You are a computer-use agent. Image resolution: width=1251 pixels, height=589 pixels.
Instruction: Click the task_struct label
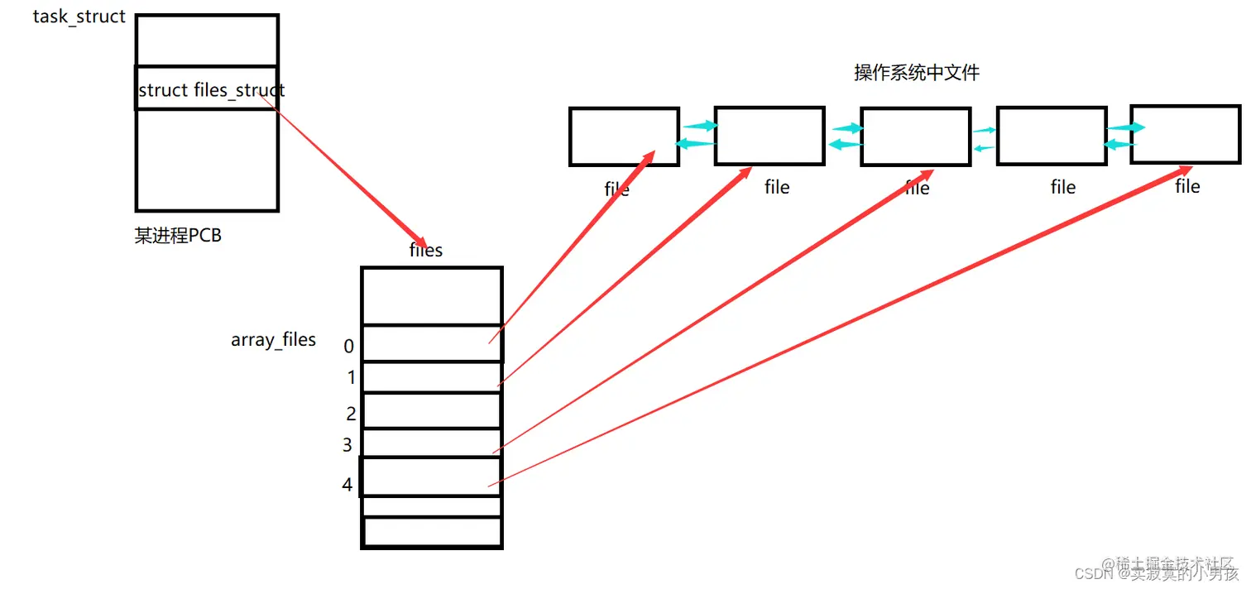point(79,17)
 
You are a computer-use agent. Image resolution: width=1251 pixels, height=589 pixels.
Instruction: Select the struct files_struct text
point(211,90)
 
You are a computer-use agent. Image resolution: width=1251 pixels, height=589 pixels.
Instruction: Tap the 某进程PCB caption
point(178,236)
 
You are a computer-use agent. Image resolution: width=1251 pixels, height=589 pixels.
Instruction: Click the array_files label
point(273,339)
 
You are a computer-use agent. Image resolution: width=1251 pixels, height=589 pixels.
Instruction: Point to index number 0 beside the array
point(348,346)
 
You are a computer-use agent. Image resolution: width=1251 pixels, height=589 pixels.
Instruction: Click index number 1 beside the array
point(351,378)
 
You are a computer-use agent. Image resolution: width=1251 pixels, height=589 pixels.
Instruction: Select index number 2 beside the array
point(351,414)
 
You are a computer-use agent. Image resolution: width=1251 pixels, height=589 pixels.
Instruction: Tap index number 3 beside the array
point(347,446)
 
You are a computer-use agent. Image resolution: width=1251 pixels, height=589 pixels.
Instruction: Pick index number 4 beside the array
point(347,484)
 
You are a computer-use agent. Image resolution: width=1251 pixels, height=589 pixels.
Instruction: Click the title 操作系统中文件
point(917,73)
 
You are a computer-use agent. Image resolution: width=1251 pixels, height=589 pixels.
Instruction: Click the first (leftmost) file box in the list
point(624,136)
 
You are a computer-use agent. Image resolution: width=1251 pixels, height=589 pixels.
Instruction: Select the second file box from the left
point(769,136)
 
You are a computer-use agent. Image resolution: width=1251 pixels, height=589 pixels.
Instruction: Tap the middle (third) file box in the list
point(915,136)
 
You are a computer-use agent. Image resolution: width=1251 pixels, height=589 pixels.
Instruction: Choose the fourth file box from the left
point(1052,136)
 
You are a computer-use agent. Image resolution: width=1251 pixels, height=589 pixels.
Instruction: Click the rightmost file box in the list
point(1185,134)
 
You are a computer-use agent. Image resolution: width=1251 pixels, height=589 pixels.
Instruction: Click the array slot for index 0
point(431,343)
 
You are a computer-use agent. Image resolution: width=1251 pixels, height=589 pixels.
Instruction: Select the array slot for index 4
point(431,476)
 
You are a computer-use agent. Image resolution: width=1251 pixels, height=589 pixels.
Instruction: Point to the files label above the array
point(426,250)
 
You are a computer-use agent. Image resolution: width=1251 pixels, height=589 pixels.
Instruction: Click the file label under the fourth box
point(1062,188)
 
